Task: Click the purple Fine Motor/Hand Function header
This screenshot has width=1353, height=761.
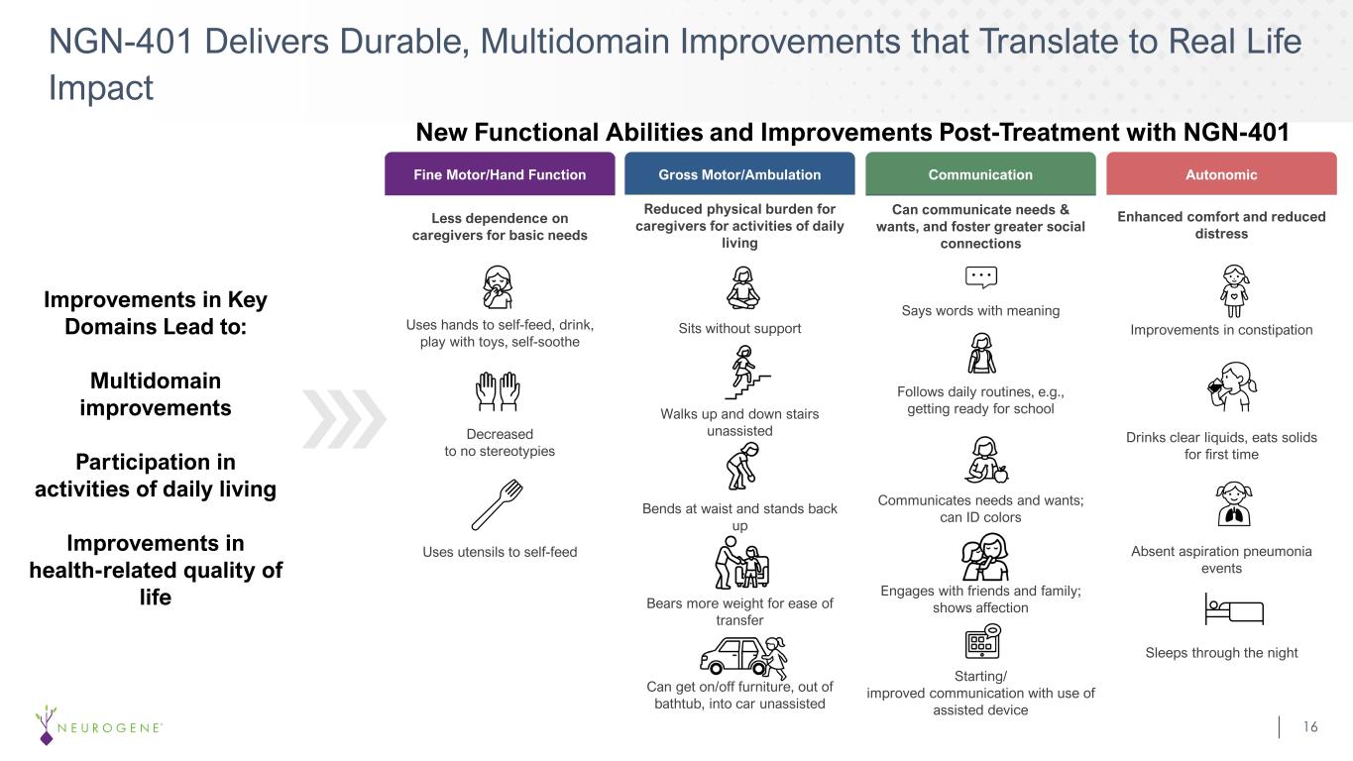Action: pyautogui.click(x=500, y=174)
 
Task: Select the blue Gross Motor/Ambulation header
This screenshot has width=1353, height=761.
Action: pyautogui.click(x=739, y=174)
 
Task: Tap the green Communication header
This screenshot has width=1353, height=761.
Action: pyautogui.click(x=980, y=174)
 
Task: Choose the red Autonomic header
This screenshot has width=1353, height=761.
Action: pyautogui.click(x=1221, y=174)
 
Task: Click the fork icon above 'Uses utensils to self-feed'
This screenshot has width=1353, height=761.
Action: pyautogui.click(x=497, y=505)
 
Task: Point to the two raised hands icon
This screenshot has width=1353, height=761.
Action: pyautogui.click(x=498, y=391)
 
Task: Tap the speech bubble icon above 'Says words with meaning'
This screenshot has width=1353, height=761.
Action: pyautogui.click(x=981, y=277)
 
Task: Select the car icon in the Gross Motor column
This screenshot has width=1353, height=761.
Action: pyautogui.click(x=743, y=658)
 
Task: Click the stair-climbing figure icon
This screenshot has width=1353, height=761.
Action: pyautogui.click(x=747, y=373)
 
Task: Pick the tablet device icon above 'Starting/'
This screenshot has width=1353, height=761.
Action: pyautogui.click(x=982, y=641)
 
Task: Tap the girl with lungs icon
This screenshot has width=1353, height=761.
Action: pyautogui.click(x=1233, y=503)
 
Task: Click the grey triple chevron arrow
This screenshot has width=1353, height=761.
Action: pyautogui.click(x=344, y=419)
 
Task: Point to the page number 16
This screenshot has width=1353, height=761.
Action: pyautogui.click(x=1310, y=726)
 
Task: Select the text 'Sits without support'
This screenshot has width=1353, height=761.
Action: pyautogui.click(x=739, y=329)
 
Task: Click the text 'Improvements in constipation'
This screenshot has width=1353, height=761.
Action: pyautogui.click(x=1221, y=330)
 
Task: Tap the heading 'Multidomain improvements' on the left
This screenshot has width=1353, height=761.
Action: pyautogui.click(x=156, y=394)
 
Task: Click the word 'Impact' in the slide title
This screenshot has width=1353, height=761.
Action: pyautogui.click(x=101, y=87)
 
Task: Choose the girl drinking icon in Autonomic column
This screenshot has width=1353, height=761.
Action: pyautogui.click(x=1232, y=386)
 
